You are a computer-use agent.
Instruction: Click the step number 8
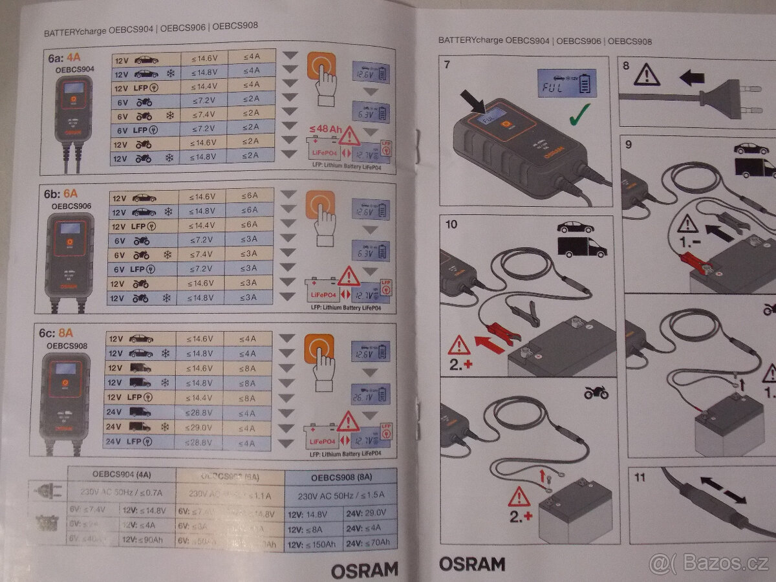[626, 65]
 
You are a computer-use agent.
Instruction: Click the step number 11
[640, 478]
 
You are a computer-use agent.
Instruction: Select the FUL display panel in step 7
[565, 83]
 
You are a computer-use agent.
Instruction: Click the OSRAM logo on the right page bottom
[472, 564]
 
